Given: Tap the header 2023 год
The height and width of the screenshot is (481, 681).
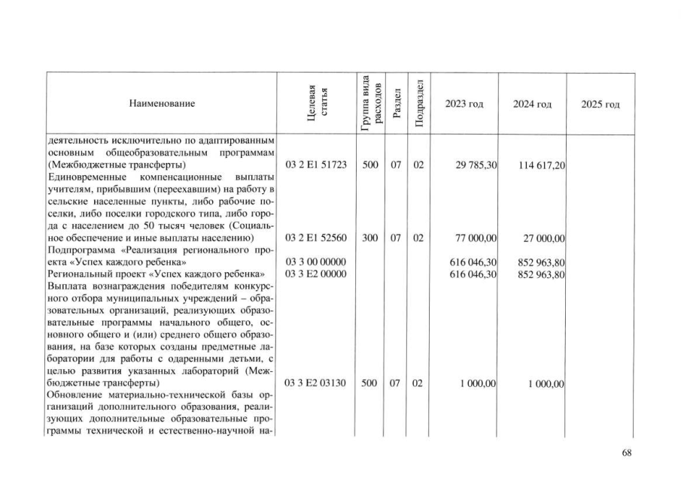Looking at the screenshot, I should [464, 103].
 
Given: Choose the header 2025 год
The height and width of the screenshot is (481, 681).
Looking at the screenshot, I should [600, 103].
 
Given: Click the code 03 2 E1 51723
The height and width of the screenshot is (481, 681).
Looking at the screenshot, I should [316, 165].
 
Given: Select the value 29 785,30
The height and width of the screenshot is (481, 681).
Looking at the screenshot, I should [476, 165].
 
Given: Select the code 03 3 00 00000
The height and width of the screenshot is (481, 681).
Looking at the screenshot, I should [316, 262].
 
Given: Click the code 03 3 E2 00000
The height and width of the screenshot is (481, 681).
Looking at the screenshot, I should [316, 274].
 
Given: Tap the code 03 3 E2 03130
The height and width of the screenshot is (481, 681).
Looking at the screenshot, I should [316, 383].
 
